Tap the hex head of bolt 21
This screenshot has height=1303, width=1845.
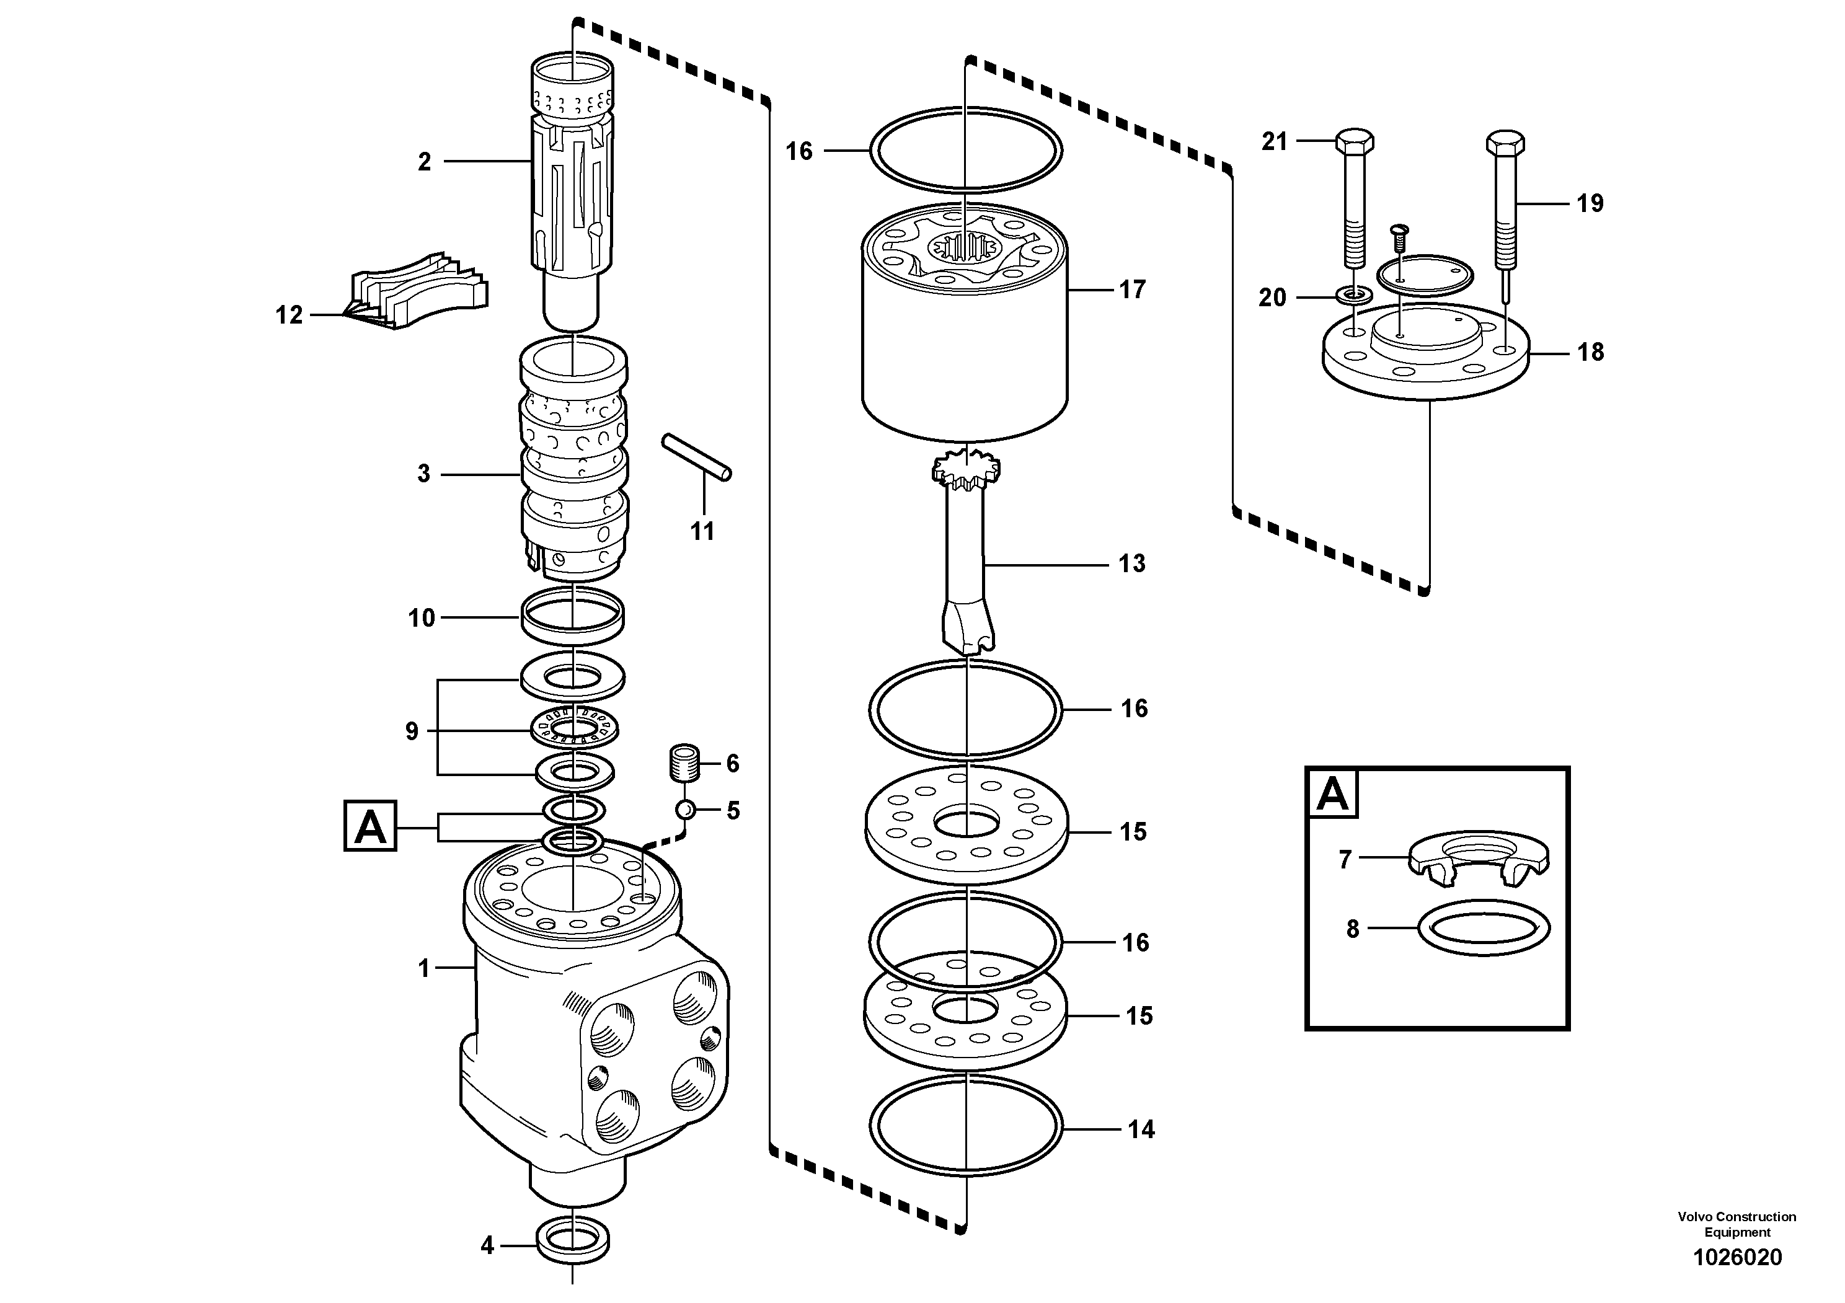[1354, 141]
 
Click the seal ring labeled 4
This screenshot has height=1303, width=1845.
[572, 1243]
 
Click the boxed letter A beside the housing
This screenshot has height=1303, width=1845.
[369, 826]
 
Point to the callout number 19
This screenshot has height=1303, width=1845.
[1590, 203]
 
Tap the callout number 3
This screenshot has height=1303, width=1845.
[423, 474]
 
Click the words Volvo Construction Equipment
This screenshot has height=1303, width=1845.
[1737, 1224]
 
